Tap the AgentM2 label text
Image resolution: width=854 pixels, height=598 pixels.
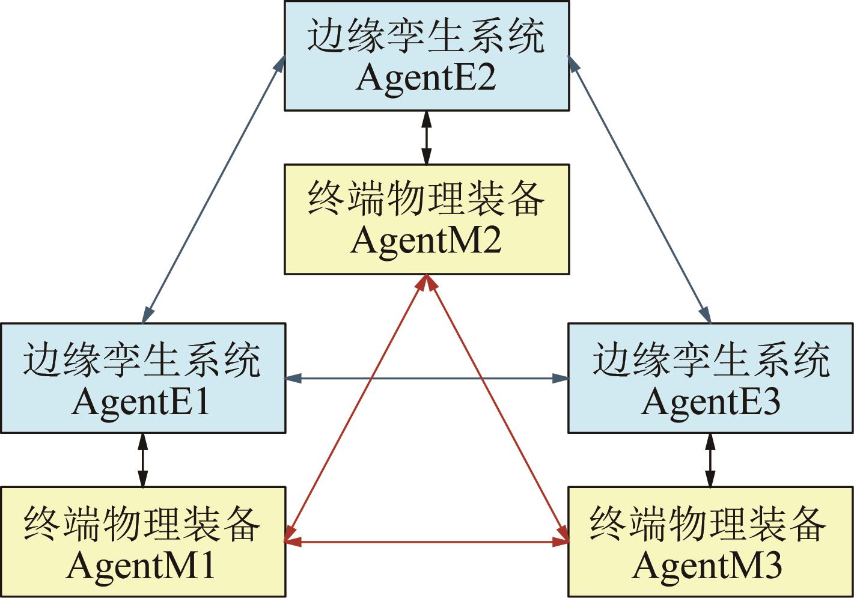click(425, 241)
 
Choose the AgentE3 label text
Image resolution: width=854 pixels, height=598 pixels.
click(710, 402)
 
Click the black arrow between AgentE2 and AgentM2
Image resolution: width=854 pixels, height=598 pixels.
click(426, 138)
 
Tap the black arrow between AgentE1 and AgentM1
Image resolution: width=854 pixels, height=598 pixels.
click(142, 460)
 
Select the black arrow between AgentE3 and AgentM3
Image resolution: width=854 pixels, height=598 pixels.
click(710, 460)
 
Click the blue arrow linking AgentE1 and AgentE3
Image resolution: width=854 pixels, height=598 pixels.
click(426, 378)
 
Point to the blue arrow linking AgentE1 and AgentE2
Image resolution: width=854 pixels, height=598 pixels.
click(213, 188)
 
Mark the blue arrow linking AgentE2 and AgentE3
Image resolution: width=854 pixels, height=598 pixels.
click(639, 188)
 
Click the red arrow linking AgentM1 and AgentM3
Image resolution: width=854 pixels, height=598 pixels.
click(426, 543)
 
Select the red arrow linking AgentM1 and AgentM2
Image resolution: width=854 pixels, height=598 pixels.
click(356, 409)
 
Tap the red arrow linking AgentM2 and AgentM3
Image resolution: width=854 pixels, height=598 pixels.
click(498, 409)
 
